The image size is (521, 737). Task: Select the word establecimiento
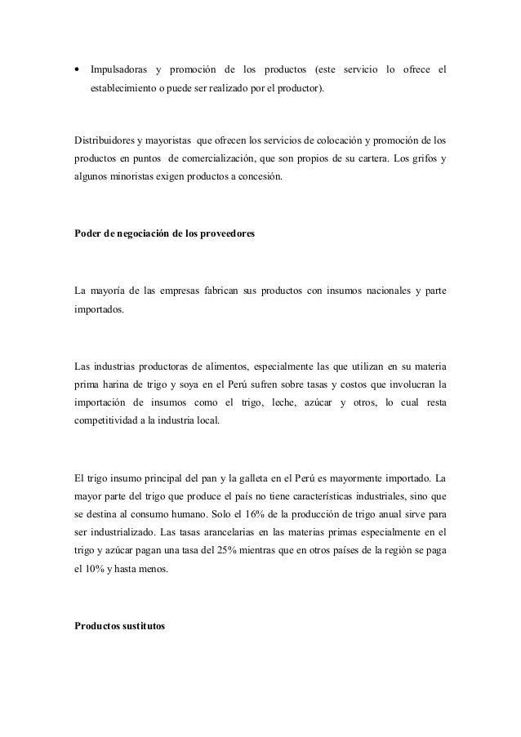tap(127, 87)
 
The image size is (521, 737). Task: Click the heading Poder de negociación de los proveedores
tap(164, 236)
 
